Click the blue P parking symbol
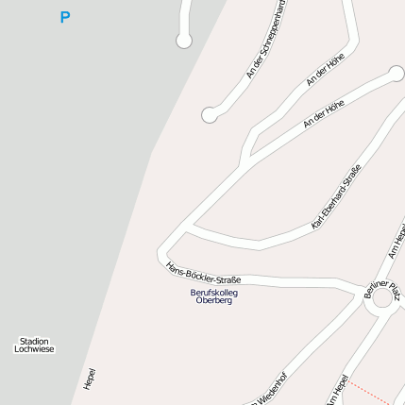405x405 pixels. [x=64, y=17]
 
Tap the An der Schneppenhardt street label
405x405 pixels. [x=266, y=38]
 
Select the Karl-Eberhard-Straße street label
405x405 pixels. [x=336, y=197]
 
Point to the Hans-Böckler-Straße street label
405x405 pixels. [x=203, y=273]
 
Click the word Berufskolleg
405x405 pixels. [x=214, y=293]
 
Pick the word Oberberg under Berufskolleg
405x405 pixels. [x=214, y=301]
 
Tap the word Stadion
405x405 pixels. [x=34, y=341]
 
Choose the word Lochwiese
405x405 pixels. [x=34, y=349]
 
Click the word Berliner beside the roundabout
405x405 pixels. [x=375, y=284]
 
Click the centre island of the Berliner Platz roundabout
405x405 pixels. [x=383, y=299]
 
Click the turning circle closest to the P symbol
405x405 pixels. [x=184, y=41]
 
